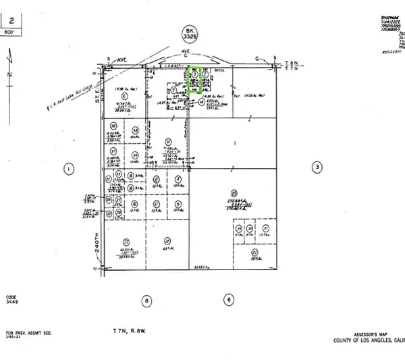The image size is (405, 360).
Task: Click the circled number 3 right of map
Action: point(316,167)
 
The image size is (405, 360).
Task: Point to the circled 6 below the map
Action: point(230,298)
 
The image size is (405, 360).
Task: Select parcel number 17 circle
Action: point(126,241)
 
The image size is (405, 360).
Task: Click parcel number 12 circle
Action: point(167,241)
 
